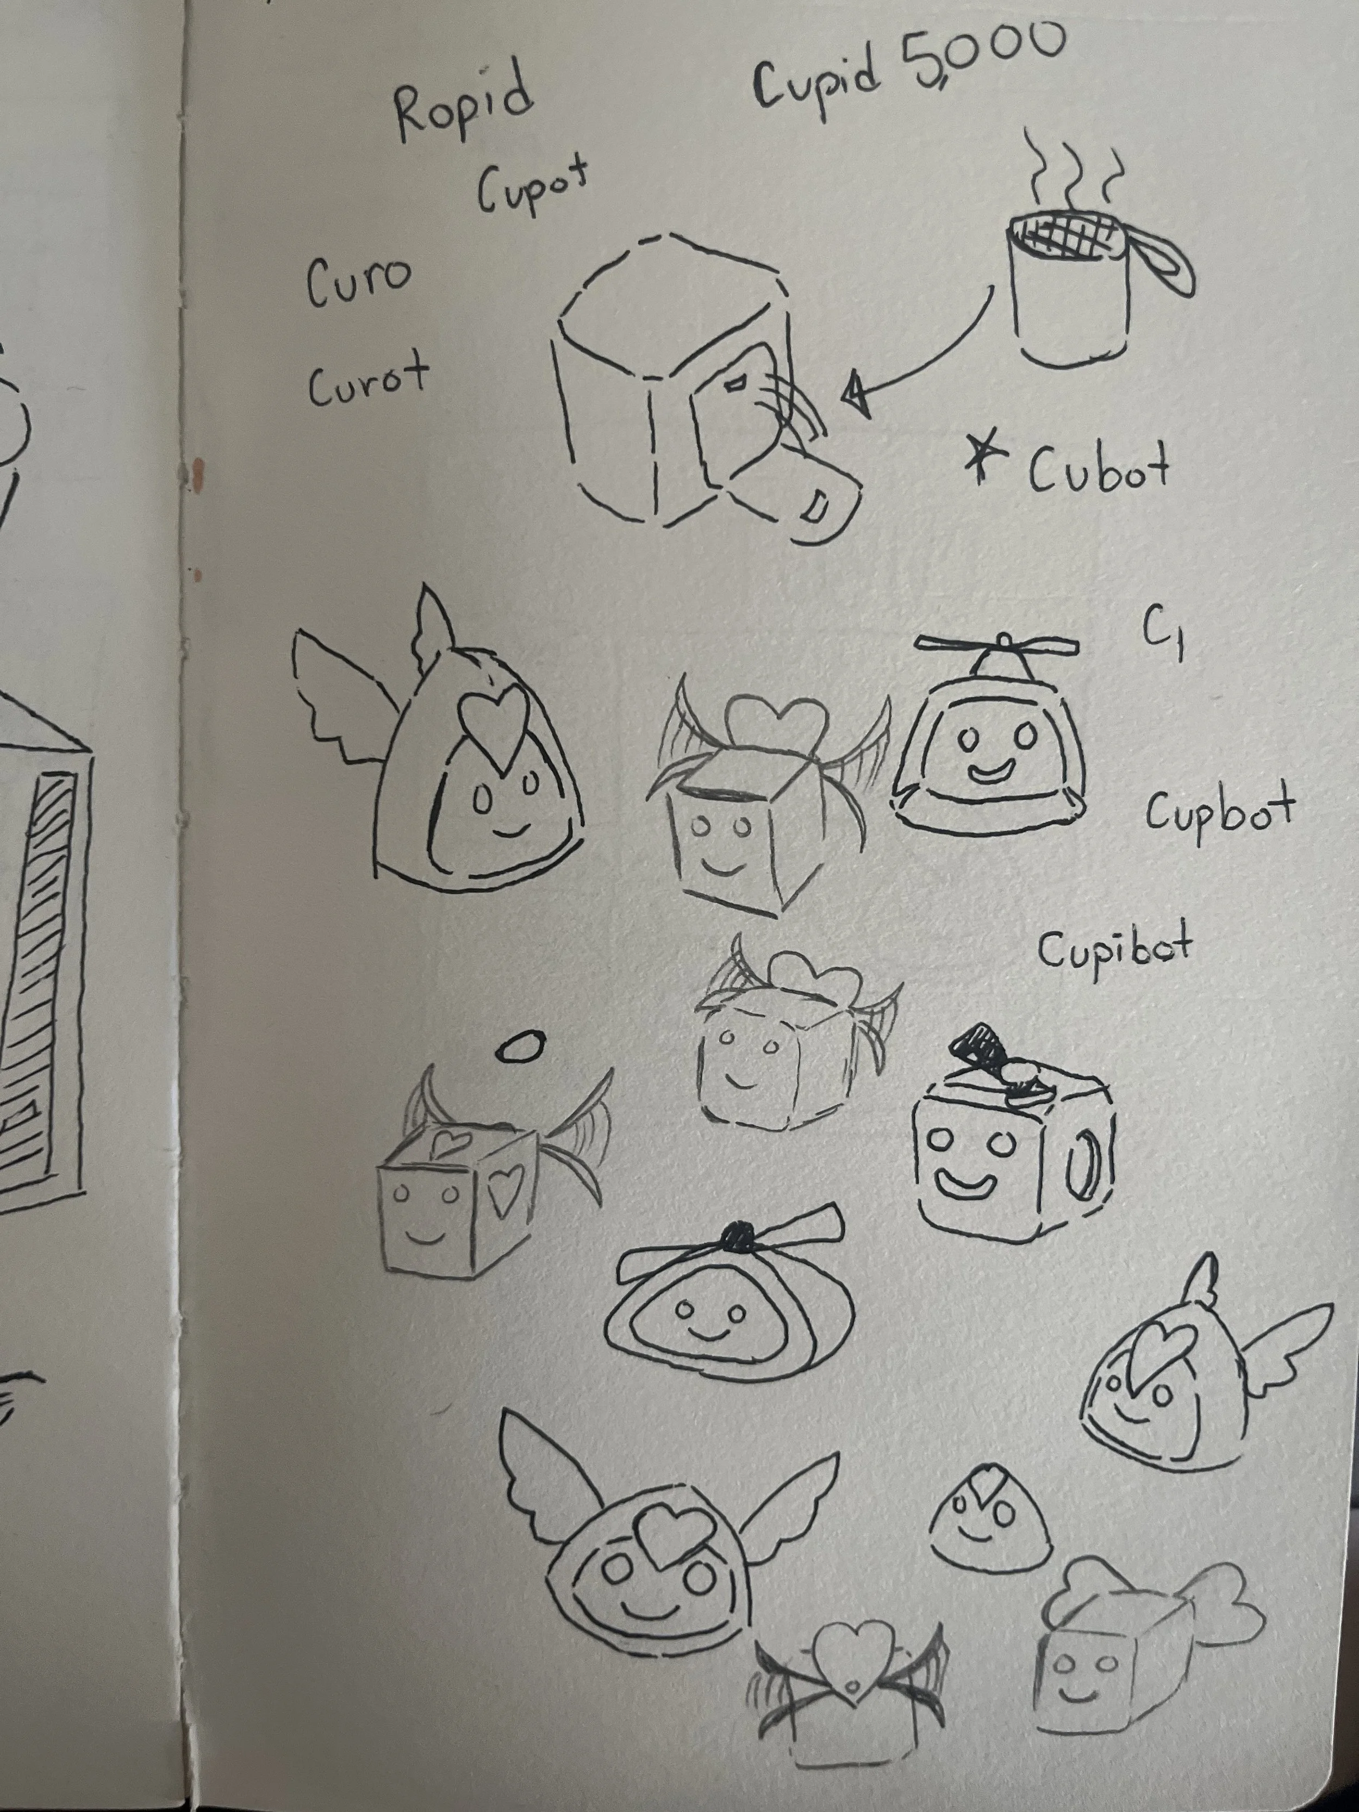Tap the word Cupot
coord(533,191)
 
